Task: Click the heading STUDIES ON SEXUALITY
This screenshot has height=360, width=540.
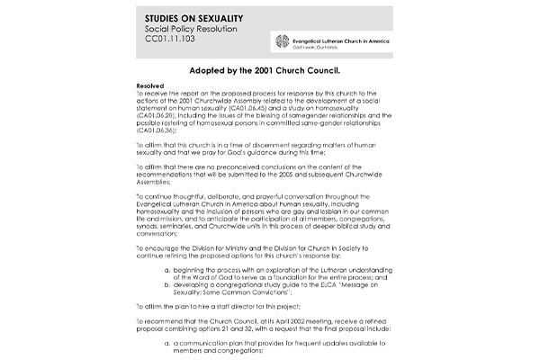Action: coord(201,18)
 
